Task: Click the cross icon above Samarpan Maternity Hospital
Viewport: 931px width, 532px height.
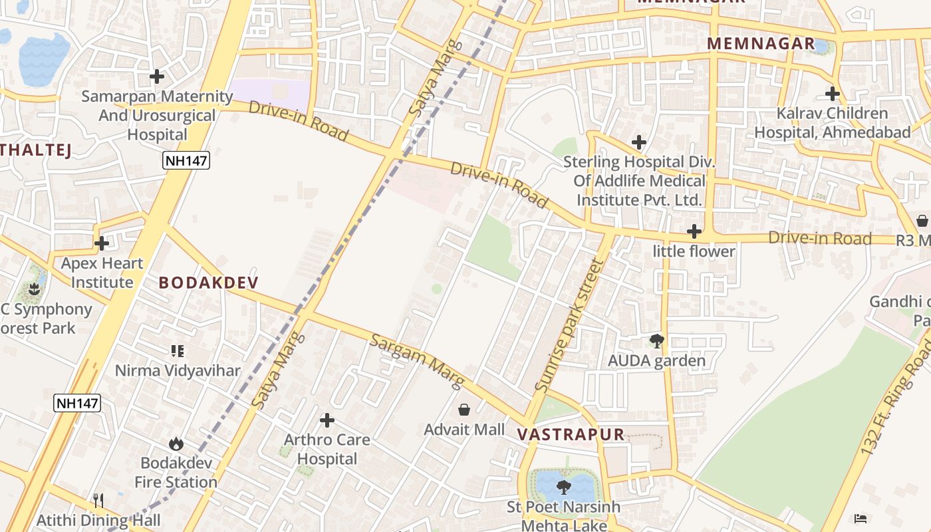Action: coord(157,76)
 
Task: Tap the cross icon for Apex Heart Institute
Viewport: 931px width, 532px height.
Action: coord(102,243)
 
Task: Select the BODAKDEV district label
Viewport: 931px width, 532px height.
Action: coord(208,283)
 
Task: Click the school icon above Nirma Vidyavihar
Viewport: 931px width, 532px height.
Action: coord(177,350)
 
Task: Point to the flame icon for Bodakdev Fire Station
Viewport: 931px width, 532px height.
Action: coord(176,443)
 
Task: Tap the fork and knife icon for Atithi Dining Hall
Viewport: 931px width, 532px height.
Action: coord(98,499)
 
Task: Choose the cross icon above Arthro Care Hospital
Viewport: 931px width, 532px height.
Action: coord(327,420)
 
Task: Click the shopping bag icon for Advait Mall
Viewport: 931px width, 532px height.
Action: coord(464,410)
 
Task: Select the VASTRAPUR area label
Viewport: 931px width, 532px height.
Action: coord(571,435)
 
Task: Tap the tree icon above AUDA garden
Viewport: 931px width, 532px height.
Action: coord(656,341)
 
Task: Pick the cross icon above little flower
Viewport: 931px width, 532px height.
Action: coord(694,231)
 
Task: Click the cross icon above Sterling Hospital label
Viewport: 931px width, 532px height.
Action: coord(639,142)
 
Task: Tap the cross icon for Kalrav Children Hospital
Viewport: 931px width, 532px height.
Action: coord(832,94)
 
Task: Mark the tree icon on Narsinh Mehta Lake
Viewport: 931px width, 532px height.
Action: coord(564,487)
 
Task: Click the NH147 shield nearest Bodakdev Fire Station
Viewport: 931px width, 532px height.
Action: coord(77,402)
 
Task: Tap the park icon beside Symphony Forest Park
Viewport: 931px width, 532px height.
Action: coord(35,289)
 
